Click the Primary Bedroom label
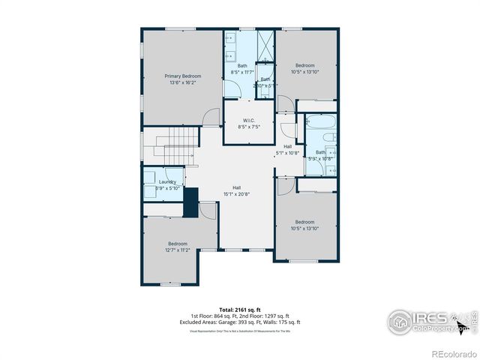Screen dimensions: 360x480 pos(182,76)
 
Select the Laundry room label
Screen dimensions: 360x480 pos(167,181)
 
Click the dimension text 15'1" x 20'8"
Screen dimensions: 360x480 pos(236,194)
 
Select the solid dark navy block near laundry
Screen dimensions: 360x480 pos(190,202)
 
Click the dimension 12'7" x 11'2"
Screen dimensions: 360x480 pos(178,250)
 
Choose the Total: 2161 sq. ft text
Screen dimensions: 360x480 pos(239,310)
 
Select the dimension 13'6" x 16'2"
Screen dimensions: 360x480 pos(182,82)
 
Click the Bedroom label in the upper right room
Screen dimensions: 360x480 pos(304,64)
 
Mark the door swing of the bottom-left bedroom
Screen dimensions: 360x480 pos(208,210)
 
